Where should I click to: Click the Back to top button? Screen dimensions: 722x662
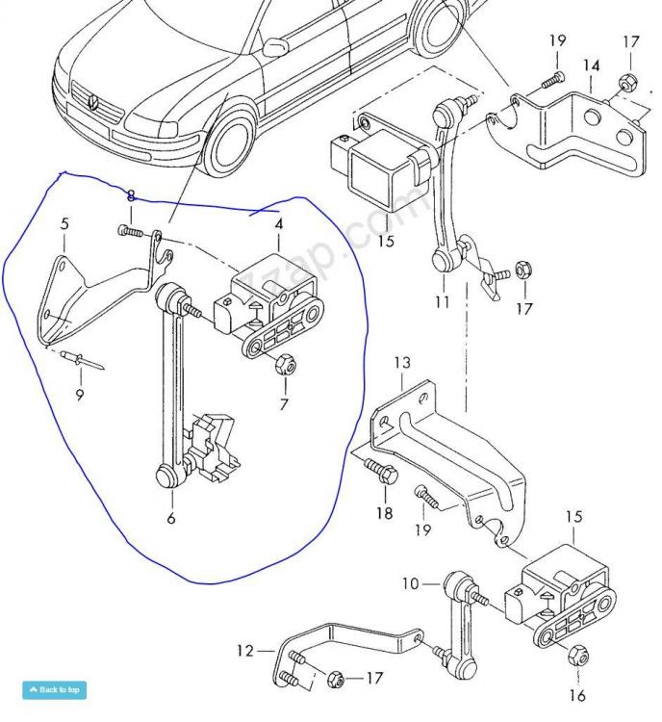[54, 689]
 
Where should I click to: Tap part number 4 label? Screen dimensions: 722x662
[278, 225]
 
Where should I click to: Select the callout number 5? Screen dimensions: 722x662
[64, 224]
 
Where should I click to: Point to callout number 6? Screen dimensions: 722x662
[171, 518]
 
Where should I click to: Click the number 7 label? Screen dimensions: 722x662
[283, 404]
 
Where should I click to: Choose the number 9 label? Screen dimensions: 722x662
[79, 395]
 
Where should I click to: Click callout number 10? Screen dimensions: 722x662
[411, 584]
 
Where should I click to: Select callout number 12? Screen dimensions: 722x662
[245, 652]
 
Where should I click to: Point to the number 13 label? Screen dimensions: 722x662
[402, 363]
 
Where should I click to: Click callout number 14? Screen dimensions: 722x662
[591, 66]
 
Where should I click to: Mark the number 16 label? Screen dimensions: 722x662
[576, 695]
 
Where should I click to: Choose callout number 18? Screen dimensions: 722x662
[384, 513]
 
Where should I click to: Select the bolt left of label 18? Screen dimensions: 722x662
[378, 471]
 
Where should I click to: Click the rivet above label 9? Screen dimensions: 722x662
[73, 359]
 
